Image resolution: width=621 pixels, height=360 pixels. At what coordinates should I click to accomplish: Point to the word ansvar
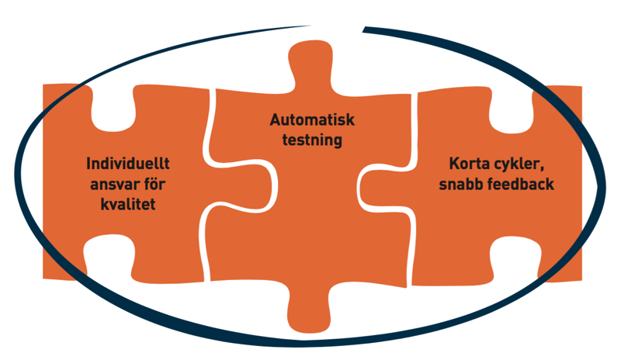(x=116, y=184)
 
